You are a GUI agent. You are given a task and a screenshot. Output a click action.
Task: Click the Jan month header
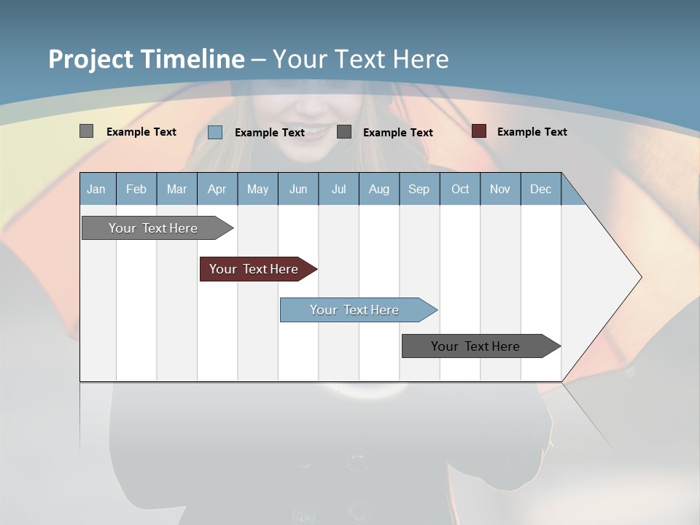[96, 189]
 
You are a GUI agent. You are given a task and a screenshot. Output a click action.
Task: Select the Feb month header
[136, 189]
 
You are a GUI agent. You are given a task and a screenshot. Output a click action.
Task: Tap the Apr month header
[217, 189]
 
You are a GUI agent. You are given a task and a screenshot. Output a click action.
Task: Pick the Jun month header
[298, 189]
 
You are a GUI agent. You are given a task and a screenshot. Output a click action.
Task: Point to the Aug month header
[379, 189]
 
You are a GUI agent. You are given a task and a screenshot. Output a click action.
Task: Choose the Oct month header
[460, 189]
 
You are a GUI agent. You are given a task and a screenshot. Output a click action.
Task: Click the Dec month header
[541, 189]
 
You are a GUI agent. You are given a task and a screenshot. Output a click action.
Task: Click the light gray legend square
[86, 131]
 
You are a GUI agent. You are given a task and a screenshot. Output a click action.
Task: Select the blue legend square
[215, 132]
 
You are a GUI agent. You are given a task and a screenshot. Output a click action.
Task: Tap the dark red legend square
[479, 131]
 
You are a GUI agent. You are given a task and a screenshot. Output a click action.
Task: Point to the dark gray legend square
[344, 132]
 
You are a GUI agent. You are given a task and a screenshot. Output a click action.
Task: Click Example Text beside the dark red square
[532, 132]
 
